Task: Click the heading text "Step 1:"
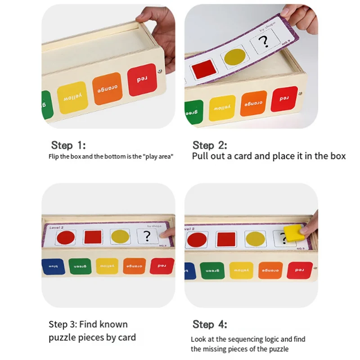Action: pyautogui.click(x=68, y=145)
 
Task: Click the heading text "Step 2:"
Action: pyautogui.click(x=210, y=145)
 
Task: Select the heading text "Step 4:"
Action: pyautogui.click(x=210, y=324)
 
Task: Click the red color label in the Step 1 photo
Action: pyautogui.click(x=142, y=79)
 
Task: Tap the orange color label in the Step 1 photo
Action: pyautogui.click(x=108, y=88)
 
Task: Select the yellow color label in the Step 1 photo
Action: pyautogui.click(x=72, y=97)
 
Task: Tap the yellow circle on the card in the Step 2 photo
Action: pyautogui.click(x=235, y=58)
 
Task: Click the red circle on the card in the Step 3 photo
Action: pyautogui.click(x=66, y=237)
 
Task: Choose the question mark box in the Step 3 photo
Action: pyautogui.click(x=146, y=236)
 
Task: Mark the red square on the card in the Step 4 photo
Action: pyautogui.click(x=226, y=238)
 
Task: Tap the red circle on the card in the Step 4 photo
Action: pyautogui.click(x=198, y=239)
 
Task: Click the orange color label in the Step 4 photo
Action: pyautogui.click(x=270, y=270)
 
